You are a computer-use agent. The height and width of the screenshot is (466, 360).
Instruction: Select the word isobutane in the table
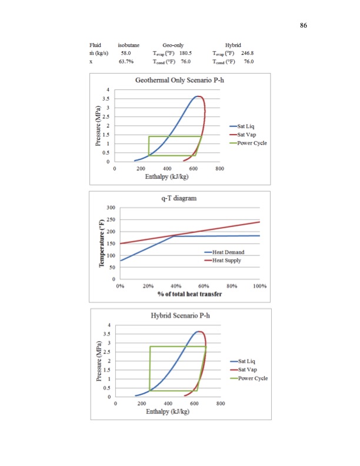128,45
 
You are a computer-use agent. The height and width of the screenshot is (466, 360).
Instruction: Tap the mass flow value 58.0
125,53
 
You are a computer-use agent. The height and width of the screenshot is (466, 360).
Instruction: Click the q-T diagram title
179,198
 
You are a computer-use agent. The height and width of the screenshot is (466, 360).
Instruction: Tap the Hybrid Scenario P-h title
180,316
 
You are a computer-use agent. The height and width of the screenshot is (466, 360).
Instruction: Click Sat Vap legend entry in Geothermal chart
246,134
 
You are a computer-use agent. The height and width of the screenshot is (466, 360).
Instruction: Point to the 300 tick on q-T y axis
110,208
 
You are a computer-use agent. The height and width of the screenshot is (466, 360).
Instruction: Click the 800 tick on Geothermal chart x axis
219,169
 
